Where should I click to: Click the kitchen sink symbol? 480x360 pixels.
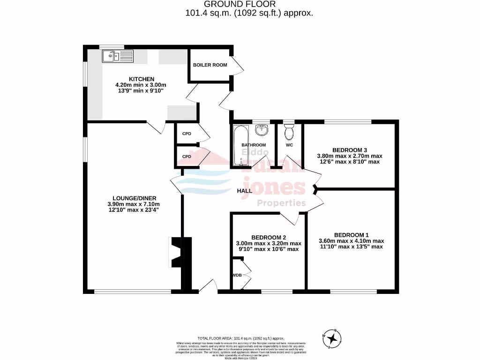(x=118, y=56)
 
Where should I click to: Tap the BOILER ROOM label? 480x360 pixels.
(x=210, y=65)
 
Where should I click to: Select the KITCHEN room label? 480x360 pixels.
(x=141, y=79)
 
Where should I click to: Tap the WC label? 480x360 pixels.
(x=289, y=145)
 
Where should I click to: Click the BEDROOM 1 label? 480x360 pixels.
(x=351, y=235)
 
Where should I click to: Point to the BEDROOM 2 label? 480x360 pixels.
(x=268, y=237)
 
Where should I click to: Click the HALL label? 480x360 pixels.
(x=244, y=191)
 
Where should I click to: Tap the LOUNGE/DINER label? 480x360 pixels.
(x=134, y=198)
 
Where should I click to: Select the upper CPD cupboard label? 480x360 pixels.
(x=187, y=134)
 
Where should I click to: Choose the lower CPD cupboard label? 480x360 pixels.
(x=187, y=157)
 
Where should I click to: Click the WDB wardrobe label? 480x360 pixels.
(x=237, y=275)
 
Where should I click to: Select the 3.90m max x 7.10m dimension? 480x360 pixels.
(x=134, y=204)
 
